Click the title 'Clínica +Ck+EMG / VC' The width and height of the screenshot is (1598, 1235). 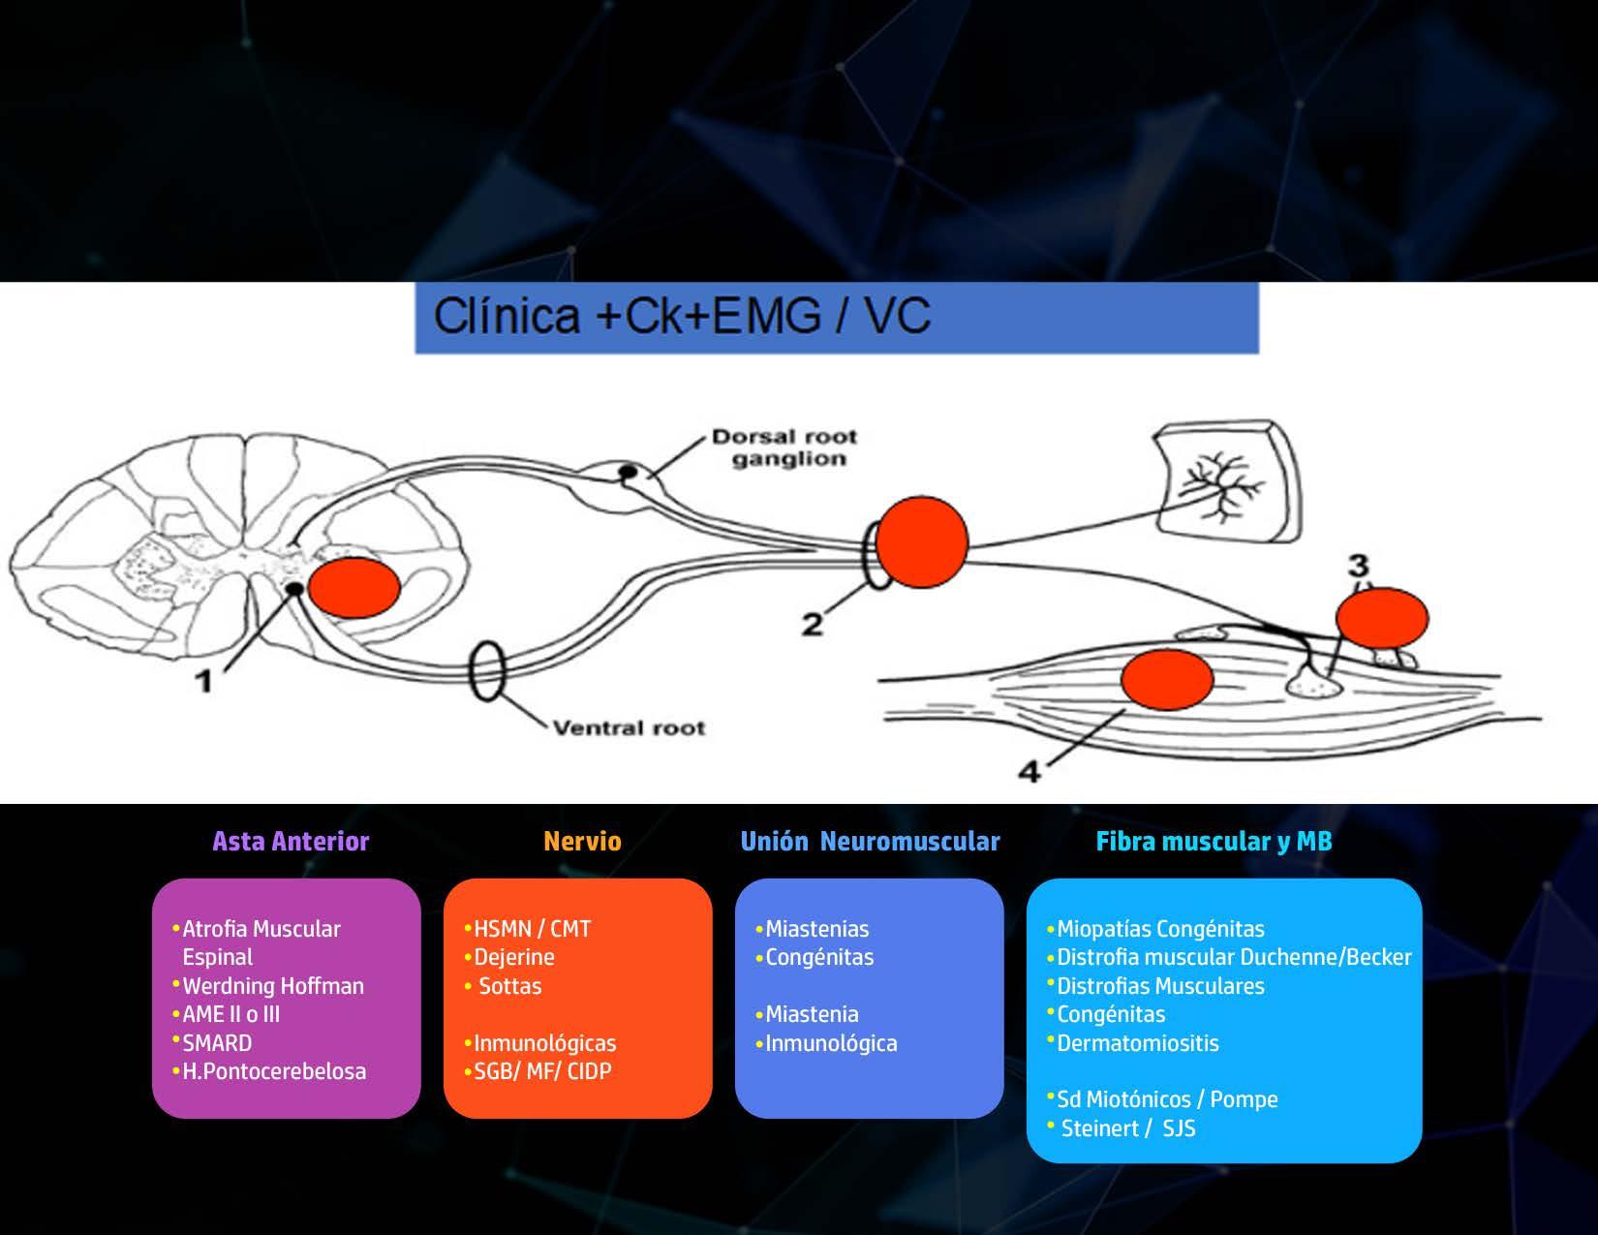pos(682,316)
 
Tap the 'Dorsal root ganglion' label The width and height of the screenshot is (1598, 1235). pos(785,448)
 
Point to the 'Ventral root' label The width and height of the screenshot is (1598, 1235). pos(629,727)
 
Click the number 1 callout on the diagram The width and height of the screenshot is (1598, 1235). pos(204,681)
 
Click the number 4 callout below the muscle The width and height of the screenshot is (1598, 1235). pos(1029,771)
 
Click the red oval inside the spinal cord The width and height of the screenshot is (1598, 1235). pos(354,587)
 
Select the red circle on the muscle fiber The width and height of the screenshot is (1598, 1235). pos(1167,679)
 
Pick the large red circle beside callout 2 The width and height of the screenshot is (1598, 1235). pos(921,541)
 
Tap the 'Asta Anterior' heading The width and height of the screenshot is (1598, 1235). pos(291,841)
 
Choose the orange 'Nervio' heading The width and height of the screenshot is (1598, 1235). pos(582,841)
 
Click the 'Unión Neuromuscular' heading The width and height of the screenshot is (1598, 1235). pos(870,841)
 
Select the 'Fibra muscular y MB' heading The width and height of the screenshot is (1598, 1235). pos(1214,841)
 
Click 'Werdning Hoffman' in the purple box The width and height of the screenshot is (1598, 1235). pos(273,986)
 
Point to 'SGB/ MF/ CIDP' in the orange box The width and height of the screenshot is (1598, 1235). pos(542,1071)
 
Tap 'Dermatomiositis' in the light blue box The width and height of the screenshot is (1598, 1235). pos(1137,1043)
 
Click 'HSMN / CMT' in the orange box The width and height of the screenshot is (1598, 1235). pos(532,929)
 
